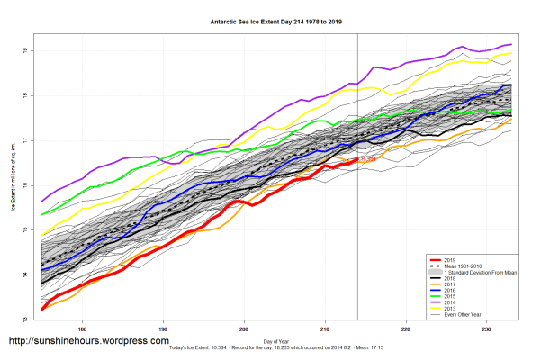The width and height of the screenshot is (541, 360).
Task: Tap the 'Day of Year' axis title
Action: [276, 340]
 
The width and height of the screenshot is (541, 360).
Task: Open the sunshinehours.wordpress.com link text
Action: [88, 342]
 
